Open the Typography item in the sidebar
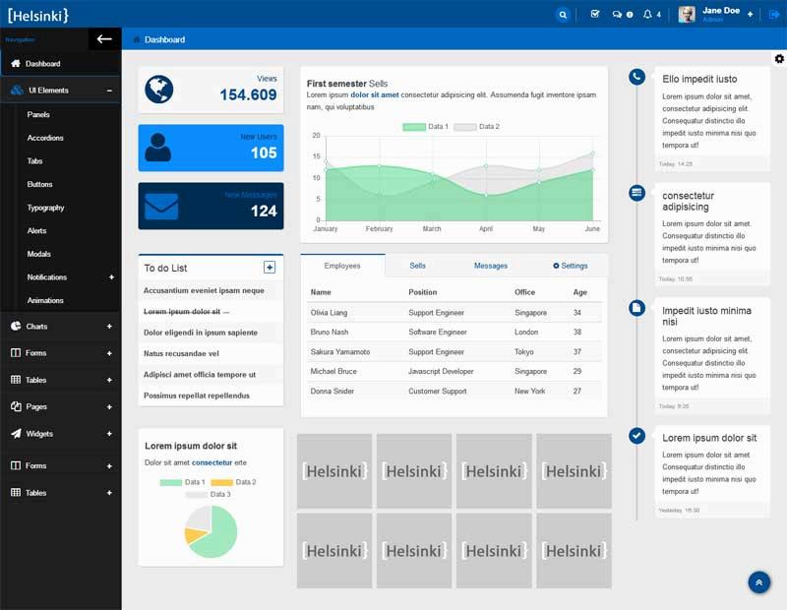pyautogui.click(x=45, y=208)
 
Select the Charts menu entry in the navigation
pyautogui.click(x=36, y=327)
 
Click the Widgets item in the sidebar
pyautogui.click(x=39, y=434)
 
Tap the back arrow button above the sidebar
pyautogui.click(x=104, y=39)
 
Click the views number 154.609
pyautogui.click(x=248, y=95)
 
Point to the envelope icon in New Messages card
pyautogui.click(x=161, y=206)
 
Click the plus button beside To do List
pyautogui.click(x=270, y=268)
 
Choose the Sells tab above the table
pyautogui.click(x=418, y=266)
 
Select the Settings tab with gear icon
pyautogui.click(x=570, y=266)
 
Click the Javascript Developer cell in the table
pyautogui.click(x=441, y=372)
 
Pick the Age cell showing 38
pyautogui.click(x=577, y=333)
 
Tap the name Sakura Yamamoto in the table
pyautogui.click(x=340, y=352)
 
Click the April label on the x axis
pyautogui.click(x=486, y=229)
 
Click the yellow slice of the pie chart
pyautogui.click(x=196, y=537)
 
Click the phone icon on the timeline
pyautogui.click(x=636, y=77)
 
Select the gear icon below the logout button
pyautogui.click(x=779, y=59)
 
